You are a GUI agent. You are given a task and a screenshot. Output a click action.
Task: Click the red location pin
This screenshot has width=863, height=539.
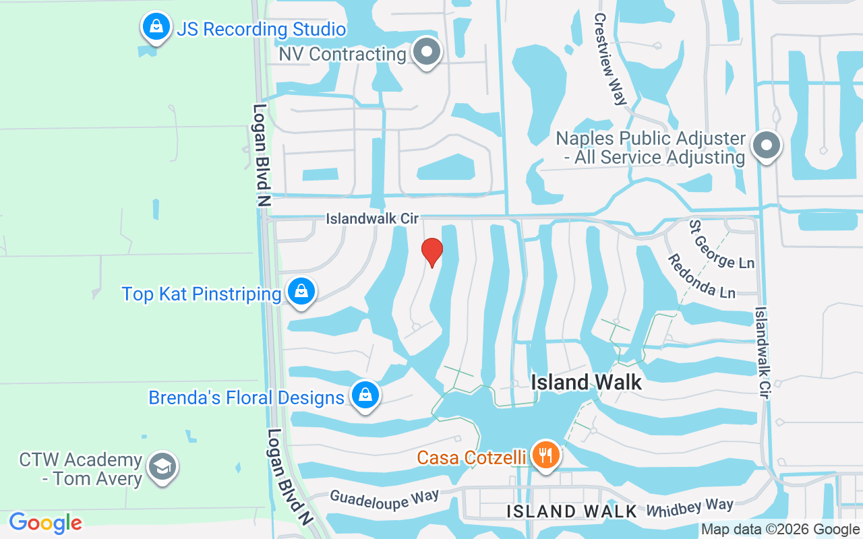pos(431,252)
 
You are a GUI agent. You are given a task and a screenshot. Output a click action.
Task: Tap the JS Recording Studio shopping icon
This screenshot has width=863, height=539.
pos(156,28)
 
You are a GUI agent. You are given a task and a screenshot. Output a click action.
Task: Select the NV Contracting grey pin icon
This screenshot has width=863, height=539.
pos(426,52)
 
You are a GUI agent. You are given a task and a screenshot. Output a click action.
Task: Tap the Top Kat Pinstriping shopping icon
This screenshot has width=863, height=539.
pos(301,292)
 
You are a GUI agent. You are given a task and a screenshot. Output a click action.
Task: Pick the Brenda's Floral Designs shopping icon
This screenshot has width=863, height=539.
pos(365,395)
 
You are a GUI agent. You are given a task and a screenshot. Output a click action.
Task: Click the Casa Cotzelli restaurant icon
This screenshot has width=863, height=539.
pos(546,455)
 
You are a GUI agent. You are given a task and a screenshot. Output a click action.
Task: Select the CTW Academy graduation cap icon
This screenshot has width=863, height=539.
pos(162,466)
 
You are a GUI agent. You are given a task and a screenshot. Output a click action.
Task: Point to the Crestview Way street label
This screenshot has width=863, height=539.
pos(609,59)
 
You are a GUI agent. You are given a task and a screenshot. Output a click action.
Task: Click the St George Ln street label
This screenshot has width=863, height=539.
pos(721,243)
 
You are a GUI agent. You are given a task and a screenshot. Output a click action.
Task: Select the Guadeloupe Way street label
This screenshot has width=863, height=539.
pos(384,499)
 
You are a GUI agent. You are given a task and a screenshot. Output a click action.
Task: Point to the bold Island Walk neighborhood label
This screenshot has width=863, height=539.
pos(586,382)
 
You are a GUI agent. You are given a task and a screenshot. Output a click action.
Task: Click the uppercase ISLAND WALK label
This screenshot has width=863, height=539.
pos(572,511)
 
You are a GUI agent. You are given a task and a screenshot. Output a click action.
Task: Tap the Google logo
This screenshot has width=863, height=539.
pos(46,523)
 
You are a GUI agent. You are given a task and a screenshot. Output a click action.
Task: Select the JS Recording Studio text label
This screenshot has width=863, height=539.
pos(261,30)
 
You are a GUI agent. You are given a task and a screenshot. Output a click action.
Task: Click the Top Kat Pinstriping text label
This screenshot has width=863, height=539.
pos(202,294)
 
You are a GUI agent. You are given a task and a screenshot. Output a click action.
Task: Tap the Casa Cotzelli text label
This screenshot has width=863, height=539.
pos(471,458)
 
